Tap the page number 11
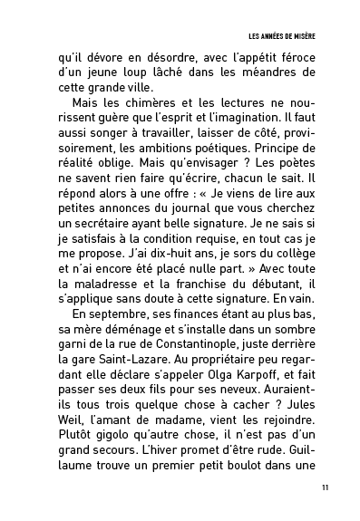[x=325, y=489]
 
